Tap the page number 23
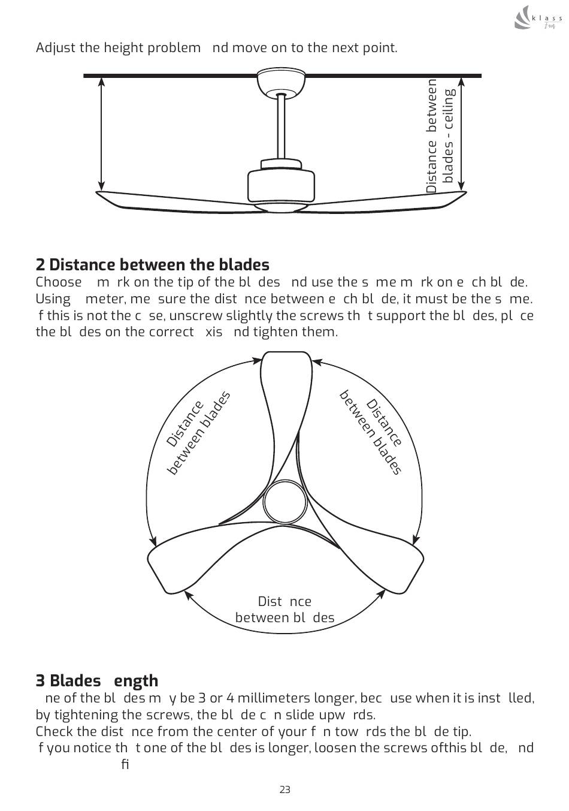(284, 789)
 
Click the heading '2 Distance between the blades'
(153, 264)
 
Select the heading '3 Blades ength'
(97, 680)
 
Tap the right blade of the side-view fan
(389, 200)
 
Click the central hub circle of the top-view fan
(286, 501)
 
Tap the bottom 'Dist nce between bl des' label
(284, 610)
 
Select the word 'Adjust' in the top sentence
(55, 47)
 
